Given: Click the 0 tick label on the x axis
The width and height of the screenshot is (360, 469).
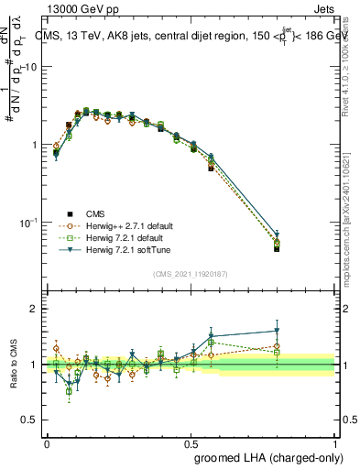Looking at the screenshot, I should pos(47,442).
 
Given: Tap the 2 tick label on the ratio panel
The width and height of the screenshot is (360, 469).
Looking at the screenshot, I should pos(34,310).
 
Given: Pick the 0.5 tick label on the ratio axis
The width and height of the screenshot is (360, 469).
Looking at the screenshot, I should pos(29,420).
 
